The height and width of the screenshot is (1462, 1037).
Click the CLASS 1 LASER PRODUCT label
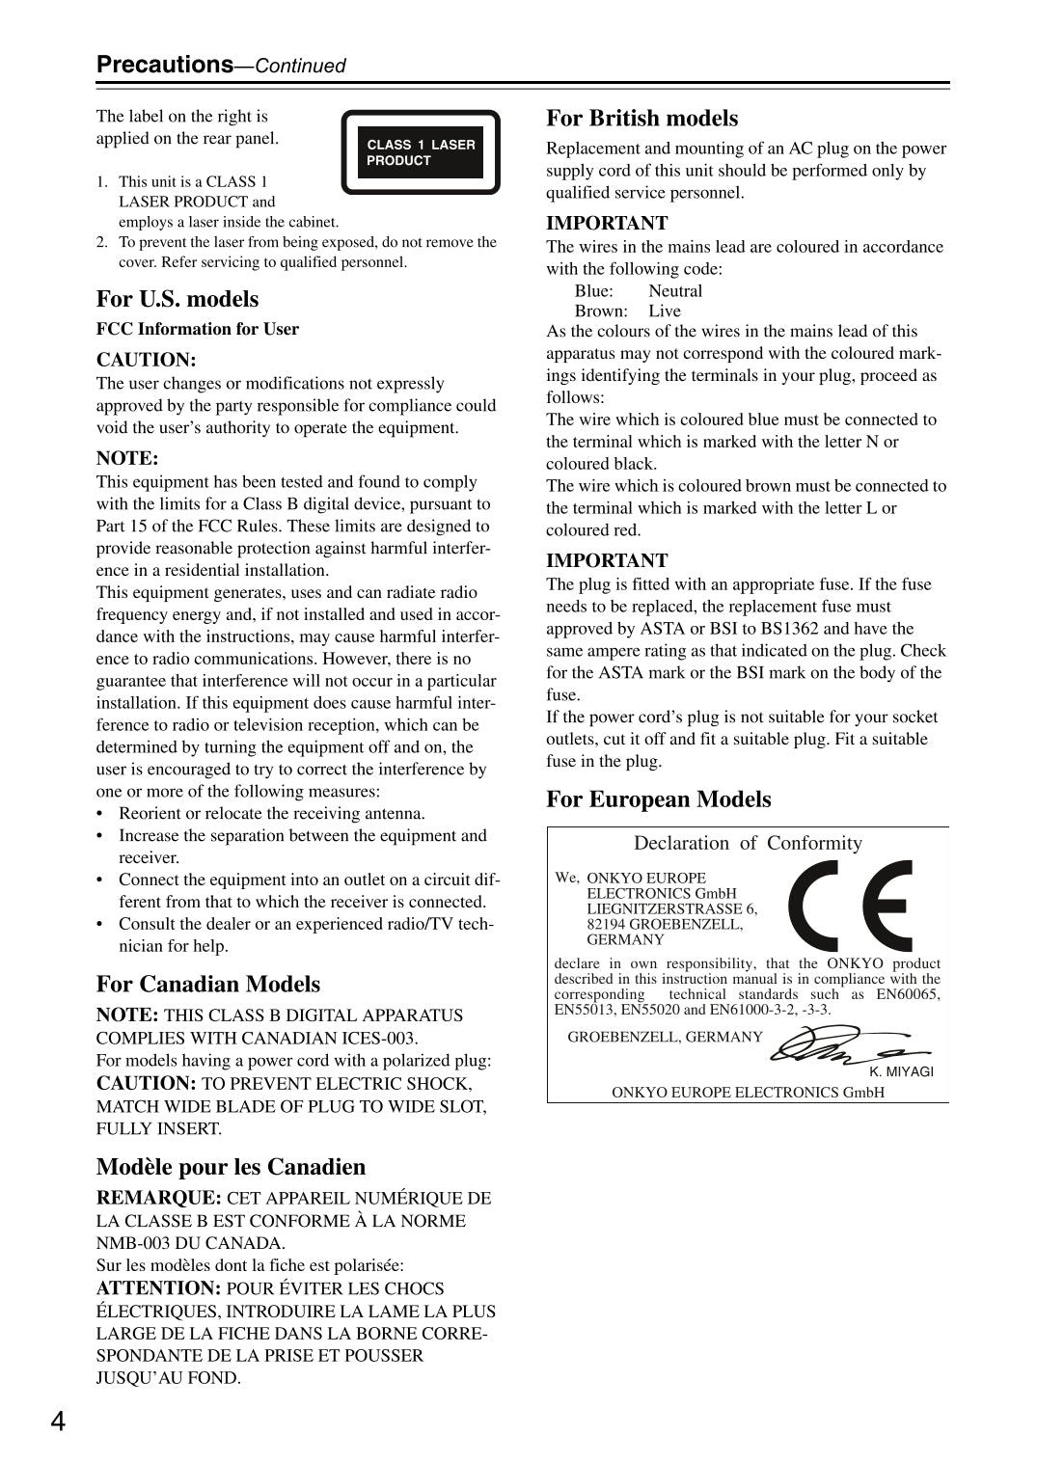click(421, 152)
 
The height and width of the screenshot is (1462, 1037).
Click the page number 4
click(58, 1421)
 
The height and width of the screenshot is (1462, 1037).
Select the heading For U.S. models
click(177, 299)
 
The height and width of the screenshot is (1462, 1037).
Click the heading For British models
click(641, 119)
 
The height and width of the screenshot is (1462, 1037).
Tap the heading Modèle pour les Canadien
click(231, 1167)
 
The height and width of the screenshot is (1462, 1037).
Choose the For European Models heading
click(658, 799)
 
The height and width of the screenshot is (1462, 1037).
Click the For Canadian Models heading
click(207, 985)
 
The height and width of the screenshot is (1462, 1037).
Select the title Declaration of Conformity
click(748, 843)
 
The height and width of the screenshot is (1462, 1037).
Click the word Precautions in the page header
click(165, 65)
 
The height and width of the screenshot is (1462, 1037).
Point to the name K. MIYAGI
click(901, 1071)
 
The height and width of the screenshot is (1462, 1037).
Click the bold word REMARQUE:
click(158, 1198)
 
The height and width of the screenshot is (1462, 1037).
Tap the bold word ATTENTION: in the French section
click(158, 1288)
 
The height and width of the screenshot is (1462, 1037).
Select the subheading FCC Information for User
click(197, 329)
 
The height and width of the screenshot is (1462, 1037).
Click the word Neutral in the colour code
click(675, 290)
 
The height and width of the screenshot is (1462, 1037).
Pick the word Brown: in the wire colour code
click(600, 311)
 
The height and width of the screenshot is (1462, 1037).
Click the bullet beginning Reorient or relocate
click(271, 813)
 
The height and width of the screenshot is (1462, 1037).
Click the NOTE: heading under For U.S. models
click(127, 458)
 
